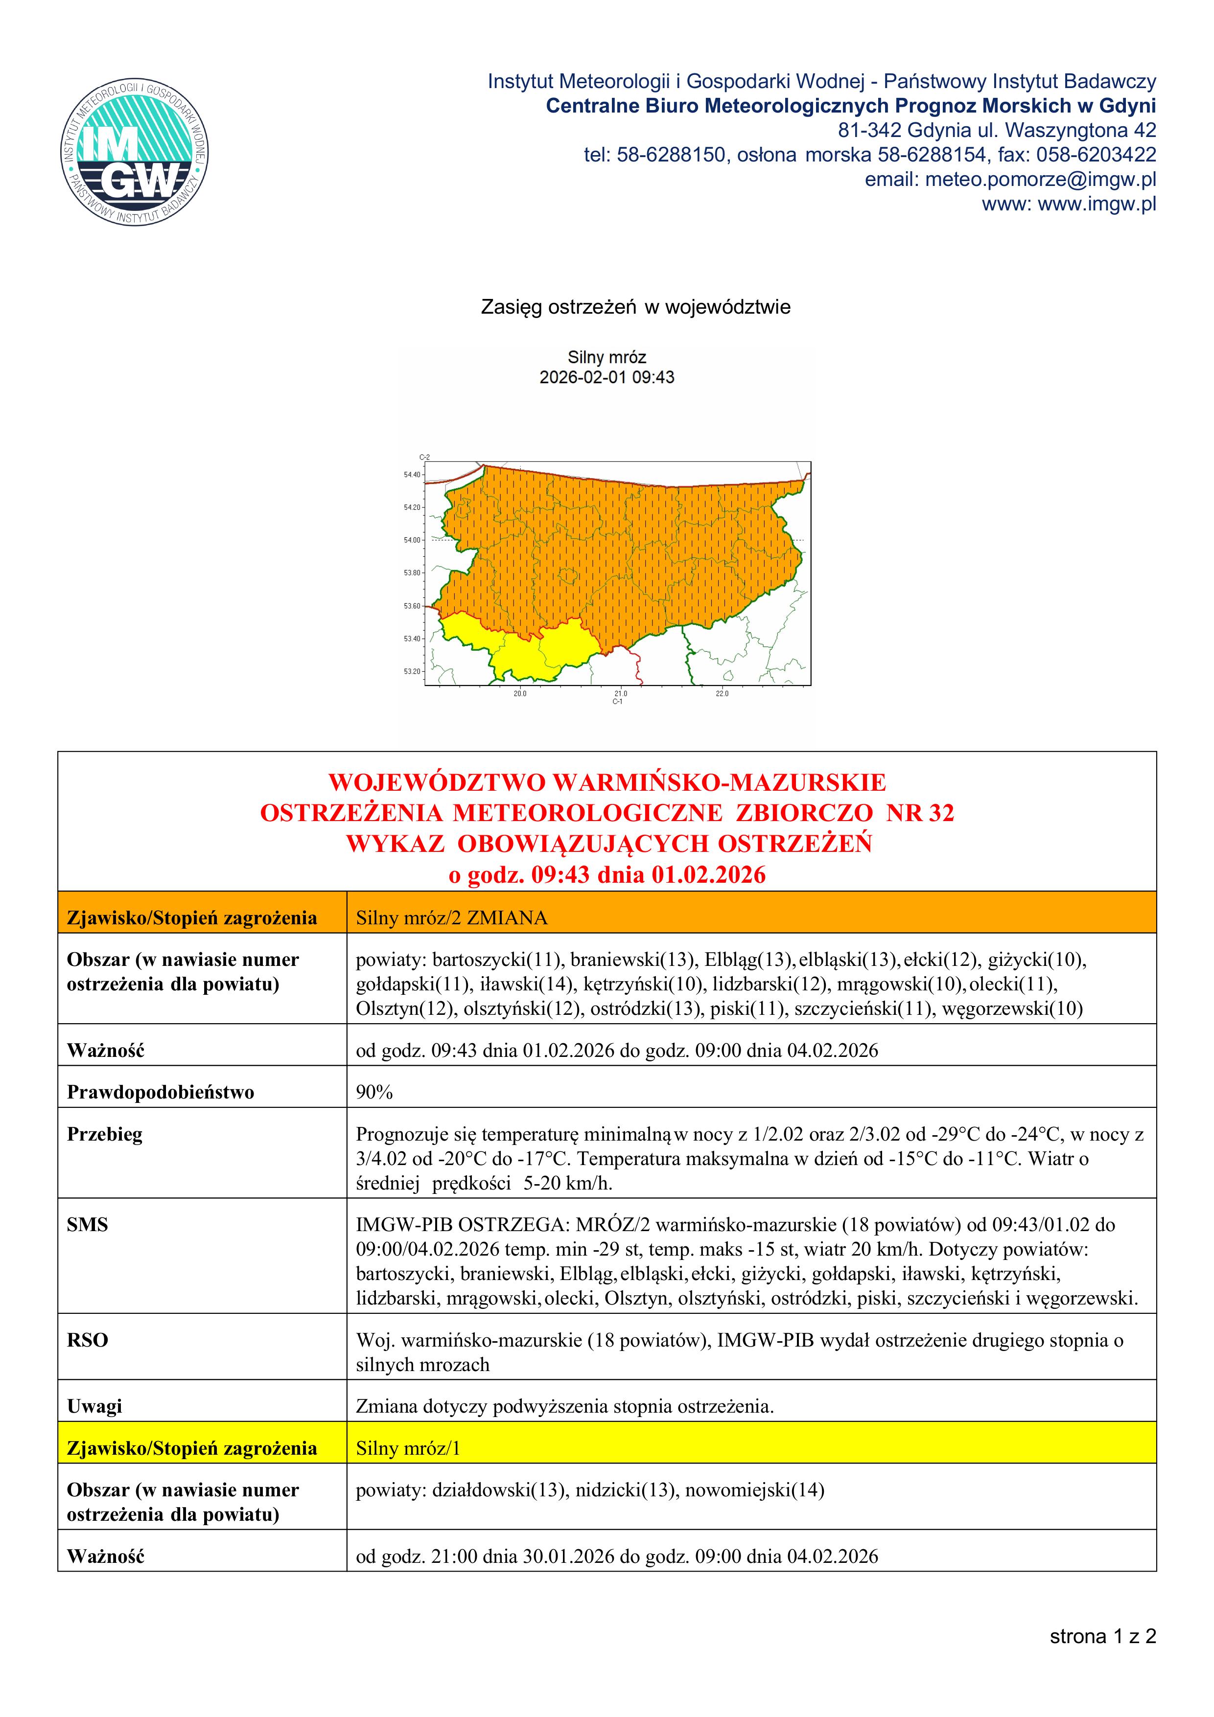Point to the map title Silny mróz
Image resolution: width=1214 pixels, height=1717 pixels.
pos(607,358)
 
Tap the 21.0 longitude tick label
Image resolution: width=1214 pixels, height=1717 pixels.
pos(621,693)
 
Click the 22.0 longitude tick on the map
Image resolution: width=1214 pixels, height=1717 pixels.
pos(722,693)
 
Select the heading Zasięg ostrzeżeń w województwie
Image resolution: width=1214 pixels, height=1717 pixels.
pos(635,307)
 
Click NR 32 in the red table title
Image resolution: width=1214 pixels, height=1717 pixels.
pos(920,813)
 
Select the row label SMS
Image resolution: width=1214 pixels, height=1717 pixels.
pos(88,1224)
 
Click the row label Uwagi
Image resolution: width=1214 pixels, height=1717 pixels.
pos(94,1406)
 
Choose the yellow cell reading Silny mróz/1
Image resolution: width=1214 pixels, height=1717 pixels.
pos(408,1448)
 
